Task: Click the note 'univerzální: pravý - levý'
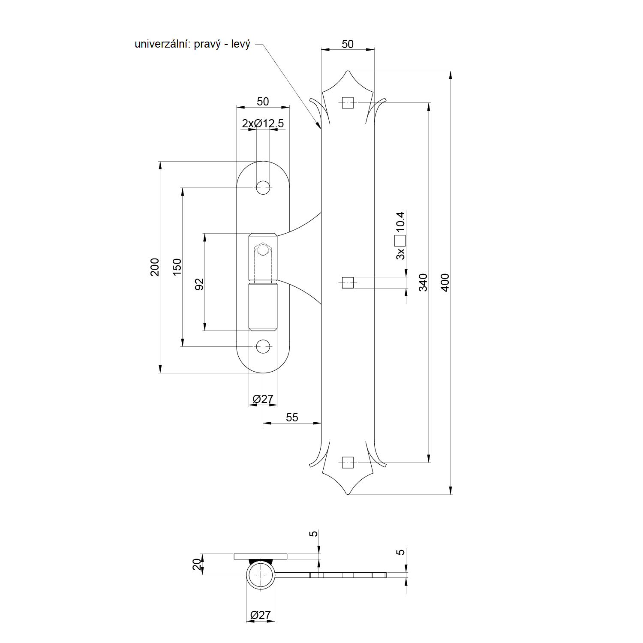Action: tap(192, 44)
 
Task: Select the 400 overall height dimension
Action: tap(445, 282)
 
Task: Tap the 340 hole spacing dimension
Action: tap(423, 282)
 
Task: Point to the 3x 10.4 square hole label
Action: tap(400, 235)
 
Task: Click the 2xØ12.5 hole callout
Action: tap(263, 123)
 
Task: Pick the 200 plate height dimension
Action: tap(155, 267)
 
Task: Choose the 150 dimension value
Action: tap(177, 267)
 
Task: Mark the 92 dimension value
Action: tap(199, 284)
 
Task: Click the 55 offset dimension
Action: tap(292, 418)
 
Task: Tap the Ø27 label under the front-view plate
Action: tap(263, 399)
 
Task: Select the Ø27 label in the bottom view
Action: tap(261, 615)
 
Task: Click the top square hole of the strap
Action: tap(348, 103)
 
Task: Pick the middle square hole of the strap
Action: tap(348, 282)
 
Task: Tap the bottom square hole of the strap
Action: tap(348, 463)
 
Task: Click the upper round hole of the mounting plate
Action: tap(263, 187)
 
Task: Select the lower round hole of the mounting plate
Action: tap(263, 346)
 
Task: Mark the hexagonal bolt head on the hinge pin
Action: tap(262, 249)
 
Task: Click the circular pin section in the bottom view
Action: tap(260, 575)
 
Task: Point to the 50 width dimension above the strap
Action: tap(348, 44)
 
